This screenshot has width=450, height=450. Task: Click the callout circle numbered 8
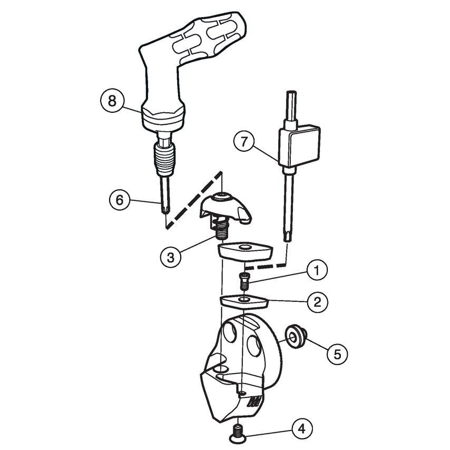click(112, 101)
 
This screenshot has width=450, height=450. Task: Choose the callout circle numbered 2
click(317, 302)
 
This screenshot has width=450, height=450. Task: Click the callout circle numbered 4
click(301, 427)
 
